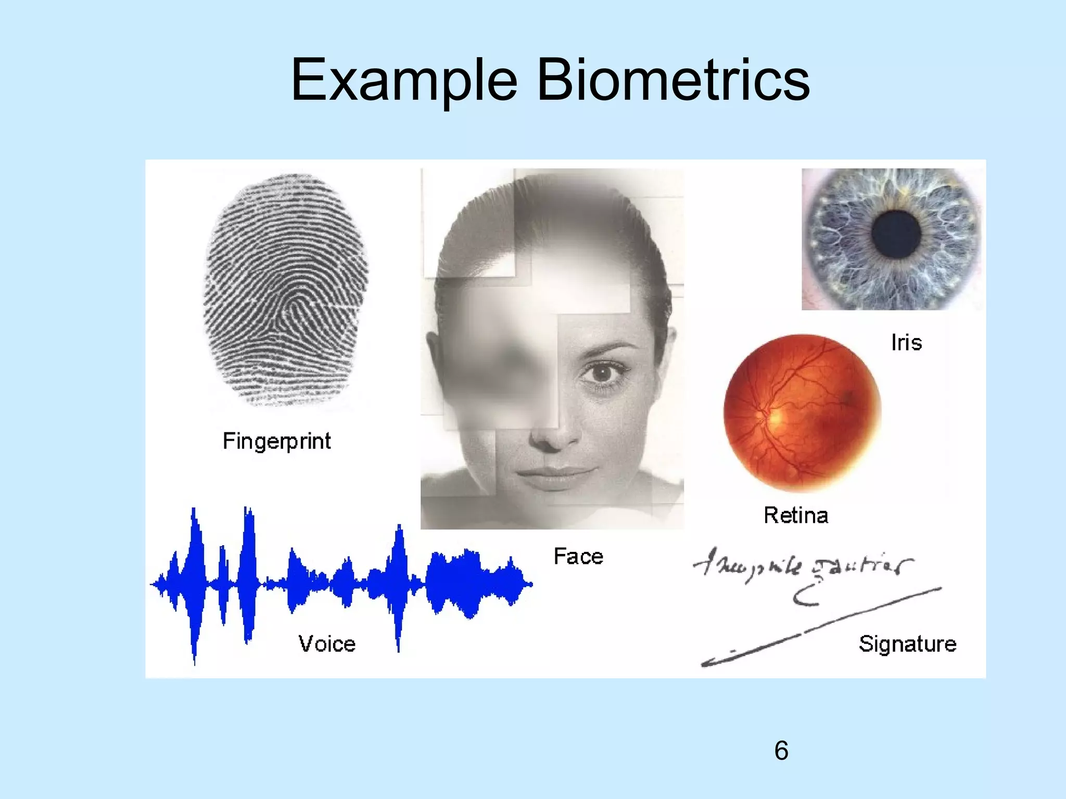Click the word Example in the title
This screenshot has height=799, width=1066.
pyautogui.click(x=404, y=81)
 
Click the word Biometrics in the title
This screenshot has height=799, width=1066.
pyautogui.click(x=672, y=81)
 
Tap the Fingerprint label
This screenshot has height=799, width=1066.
pyautogui.click(x=276, y=441)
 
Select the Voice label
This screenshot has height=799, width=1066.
pyautogui.click(x=327, y=644)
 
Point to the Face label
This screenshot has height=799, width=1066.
pyautogui.click(x=578, y=557)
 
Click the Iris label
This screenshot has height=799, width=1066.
pyautogui.click(x=906, y=343)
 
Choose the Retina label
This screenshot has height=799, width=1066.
pyautogui.click(x=796, y=516)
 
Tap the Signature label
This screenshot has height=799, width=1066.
pyautogui.click(x=907, y=644)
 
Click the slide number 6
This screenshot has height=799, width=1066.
pyautogui.click(x=781, y=751)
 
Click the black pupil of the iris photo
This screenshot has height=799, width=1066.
pyautogui.click(x=896, y=233)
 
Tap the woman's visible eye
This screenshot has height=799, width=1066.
pyautogui.click(x=602, y=373)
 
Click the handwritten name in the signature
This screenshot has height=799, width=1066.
pyautogui.click(x=802, y=567)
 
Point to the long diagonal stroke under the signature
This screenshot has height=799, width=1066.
pyautogui.click(x=822, y=627)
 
